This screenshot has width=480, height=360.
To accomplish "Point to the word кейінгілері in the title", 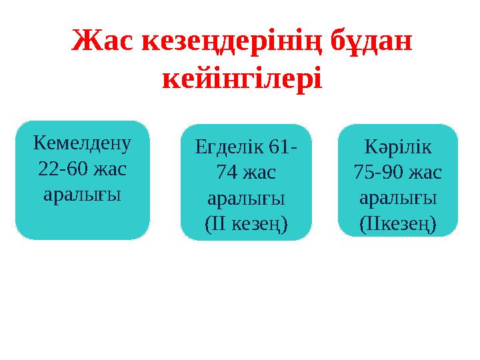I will (x=242, y=79).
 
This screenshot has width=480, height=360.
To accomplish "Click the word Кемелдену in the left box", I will (x=83, y=143).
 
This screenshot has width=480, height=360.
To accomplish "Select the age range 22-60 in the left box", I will (x=62, y=169).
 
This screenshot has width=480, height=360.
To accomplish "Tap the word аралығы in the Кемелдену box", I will (x=83, y=195).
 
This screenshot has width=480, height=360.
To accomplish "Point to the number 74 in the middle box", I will (x=228, y=173).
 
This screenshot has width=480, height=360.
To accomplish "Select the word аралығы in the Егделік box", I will (x=246, y=199).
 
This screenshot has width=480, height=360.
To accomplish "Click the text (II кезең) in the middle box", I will (x=246, y=225).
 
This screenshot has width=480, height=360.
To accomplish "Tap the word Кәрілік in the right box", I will (x=398, y=147).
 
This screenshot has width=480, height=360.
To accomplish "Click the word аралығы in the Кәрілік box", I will (x=398, y=199).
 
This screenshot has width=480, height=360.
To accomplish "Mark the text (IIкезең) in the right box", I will (x=398, y=225).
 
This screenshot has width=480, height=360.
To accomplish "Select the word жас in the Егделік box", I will (x=260, y=173).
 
